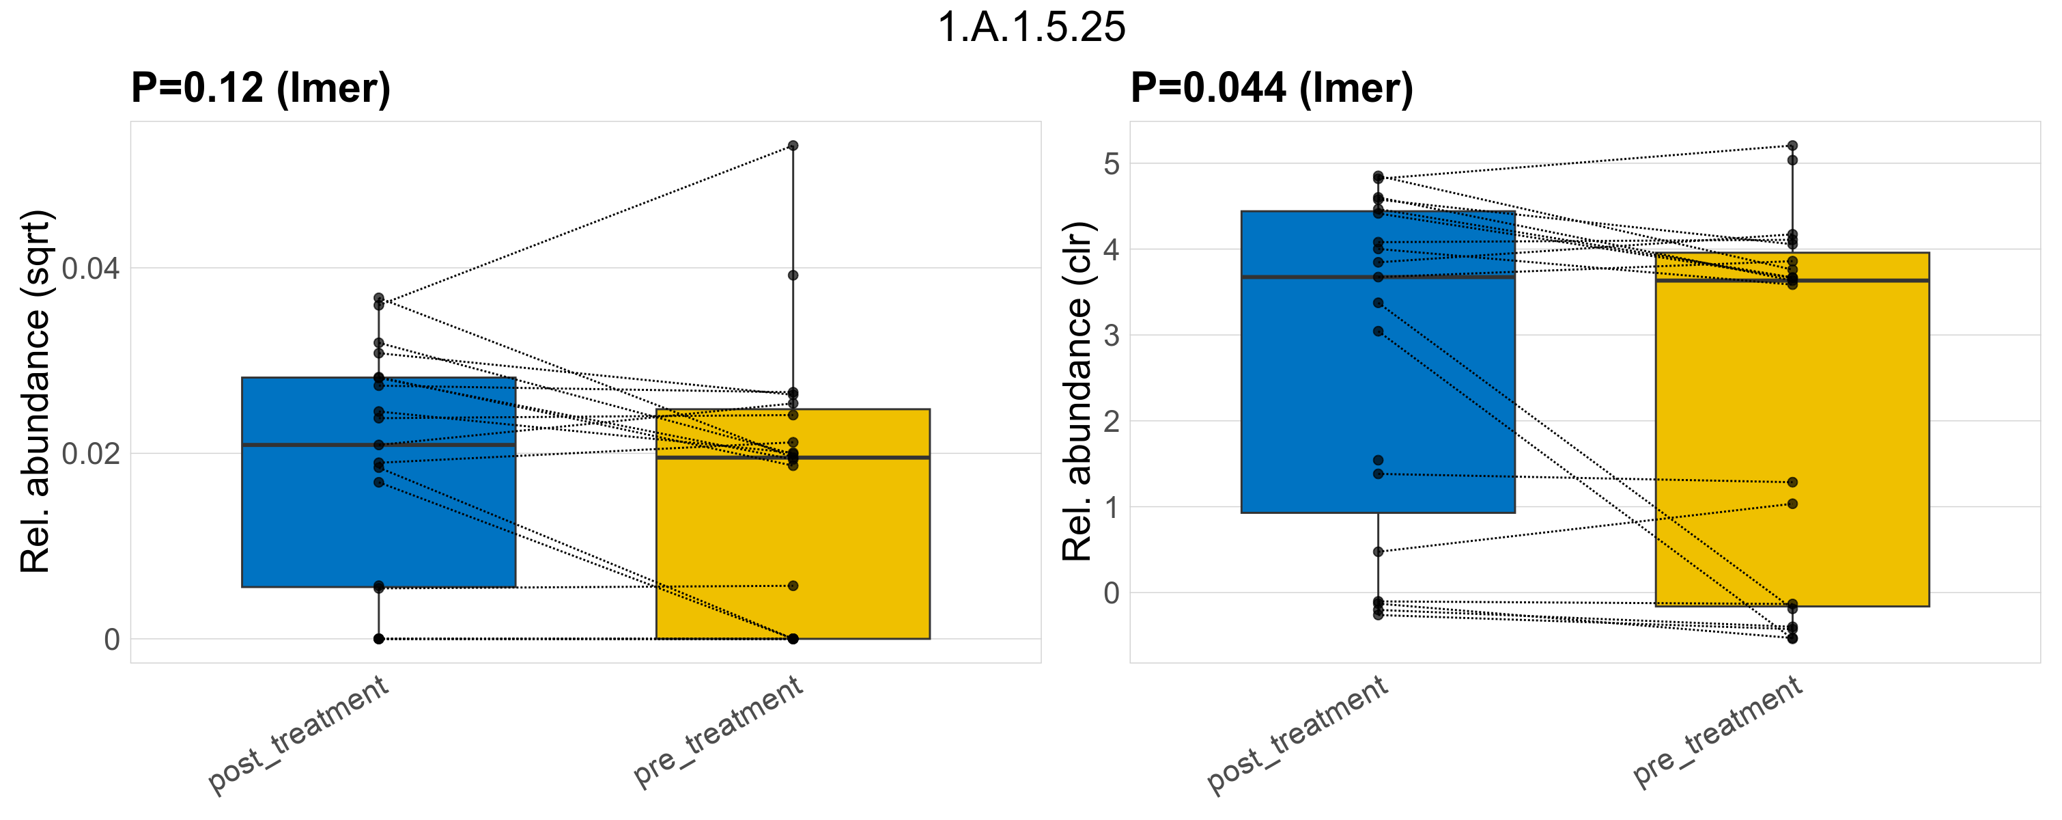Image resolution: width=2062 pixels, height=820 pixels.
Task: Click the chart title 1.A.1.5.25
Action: (1031, 27)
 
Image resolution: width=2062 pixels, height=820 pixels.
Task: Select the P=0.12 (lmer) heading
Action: (261, 87)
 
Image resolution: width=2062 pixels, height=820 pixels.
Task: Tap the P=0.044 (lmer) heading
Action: (1272, 87)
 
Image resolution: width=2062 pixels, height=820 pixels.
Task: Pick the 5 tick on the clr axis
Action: (1111, 164)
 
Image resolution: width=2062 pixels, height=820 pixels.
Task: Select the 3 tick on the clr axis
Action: (1111, 336)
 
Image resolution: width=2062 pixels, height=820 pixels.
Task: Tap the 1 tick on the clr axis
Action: (1111, 508)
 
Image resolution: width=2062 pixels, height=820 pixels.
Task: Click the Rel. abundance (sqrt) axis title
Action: (36, 392)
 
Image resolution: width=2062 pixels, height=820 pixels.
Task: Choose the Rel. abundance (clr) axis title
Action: (1077, 392)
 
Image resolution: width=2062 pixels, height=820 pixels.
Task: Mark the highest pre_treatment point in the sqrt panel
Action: (793, 146)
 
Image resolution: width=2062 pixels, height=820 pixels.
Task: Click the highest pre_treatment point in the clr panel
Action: (1792, 146)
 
